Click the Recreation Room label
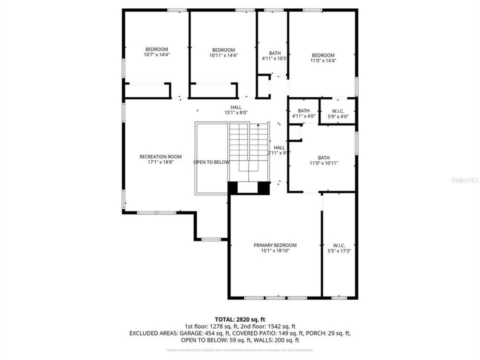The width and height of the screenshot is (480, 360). pos(160,156)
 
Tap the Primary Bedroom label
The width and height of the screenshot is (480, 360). pos(275,245)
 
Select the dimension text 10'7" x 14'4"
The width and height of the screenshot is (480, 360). pos(157,55)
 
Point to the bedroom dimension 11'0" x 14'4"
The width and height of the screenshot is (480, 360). pos(323,60)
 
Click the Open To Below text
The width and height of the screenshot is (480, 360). pos(211,162)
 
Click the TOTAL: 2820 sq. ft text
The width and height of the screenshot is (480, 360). pos(240,318)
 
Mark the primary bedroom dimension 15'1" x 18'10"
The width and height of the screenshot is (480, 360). pos(275,250)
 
